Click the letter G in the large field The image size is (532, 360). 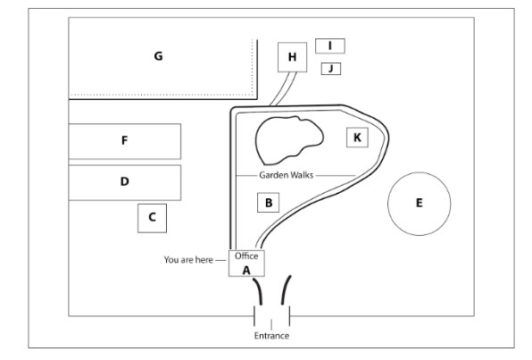[x=158, y=56]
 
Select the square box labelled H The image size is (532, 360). [x=292, y=57]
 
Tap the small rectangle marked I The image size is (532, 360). [x=330, y=46]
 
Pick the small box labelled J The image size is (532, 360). [x=331, y=69]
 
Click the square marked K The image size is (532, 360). [x=357, y=138]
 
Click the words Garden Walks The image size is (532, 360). [x=286, y=175]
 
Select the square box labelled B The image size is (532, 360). [x=269, y=203]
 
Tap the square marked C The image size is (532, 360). [x=152, y=218]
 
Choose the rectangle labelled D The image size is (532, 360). [x=125, y=183]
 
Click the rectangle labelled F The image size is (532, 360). [x=125, y=141]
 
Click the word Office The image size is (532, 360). [x=246, y=256]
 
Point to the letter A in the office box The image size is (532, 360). [x=246, y=271]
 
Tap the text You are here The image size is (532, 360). [x=188, y=260]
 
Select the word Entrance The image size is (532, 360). [x=271, y=336]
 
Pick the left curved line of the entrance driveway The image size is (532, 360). [x=258, y=290]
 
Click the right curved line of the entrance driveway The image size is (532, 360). [x=285, y=289]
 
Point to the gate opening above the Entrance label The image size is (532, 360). [x=271, y=316]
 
